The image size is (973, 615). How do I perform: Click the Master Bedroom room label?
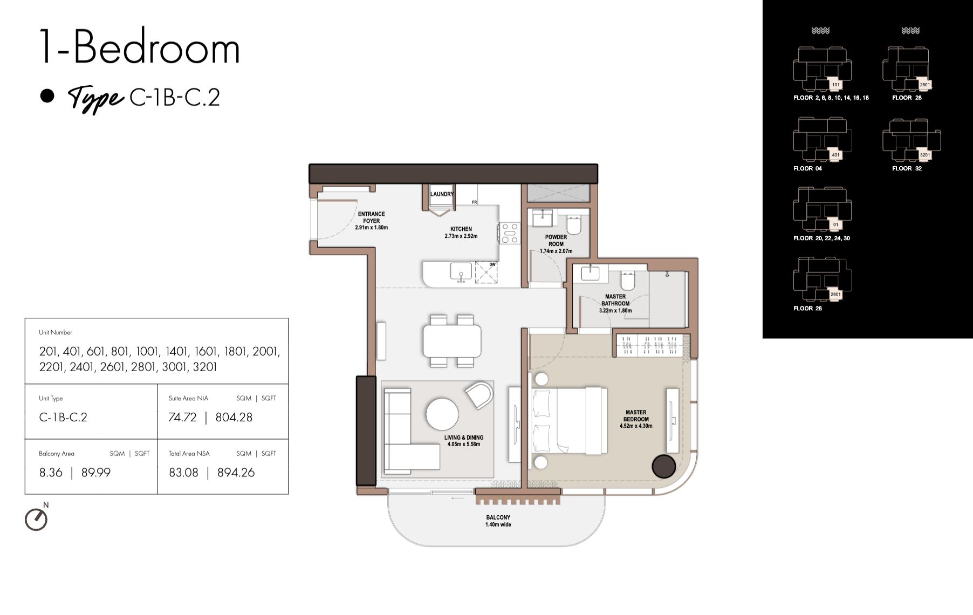point(636,419)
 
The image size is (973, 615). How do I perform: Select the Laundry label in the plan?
point(442,194)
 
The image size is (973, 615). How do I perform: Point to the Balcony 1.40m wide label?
point(498,521)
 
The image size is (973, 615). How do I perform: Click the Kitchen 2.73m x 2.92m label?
point(461,233)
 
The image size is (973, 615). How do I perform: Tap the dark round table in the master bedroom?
point(663,467)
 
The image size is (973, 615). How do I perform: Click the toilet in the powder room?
point(573,225)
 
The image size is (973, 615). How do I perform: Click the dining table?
point(452,341)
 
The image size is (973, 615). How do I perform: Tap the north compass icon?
point(36,519)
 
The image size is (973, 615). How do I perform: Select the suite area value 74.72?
point(182,417)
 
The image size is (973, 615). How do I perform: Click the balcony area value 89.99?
point(96,473)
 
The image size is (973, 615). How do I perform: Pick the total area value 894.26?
point(236,473)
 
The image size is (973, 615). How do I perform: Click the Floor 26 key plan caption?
point(807,309)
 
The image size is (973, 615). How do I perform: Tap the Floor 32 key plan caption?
point(907,168)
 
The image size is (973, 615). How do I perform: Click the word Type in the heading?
point(95,99)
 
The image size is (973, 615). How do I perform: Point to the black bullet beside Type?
point(47,96)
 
